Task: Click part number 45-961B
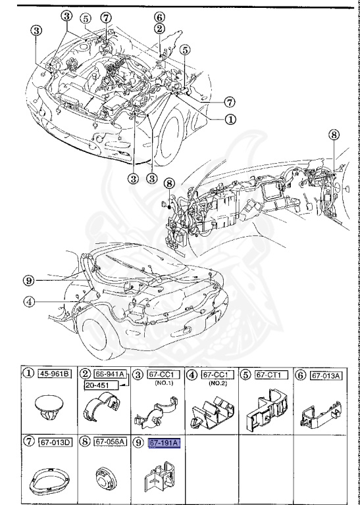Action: pos(56,374)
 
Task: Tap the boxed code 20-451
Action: pos(103,385)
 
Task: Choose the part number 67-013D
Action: pos(55,444)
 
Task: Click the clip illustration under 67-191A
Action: pos(157,477)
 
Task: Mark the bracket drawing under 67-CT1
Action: pos(266,409)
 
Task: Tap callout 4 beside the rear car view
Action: pos(28,302)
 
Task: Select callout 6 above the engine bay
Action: pos(160,17)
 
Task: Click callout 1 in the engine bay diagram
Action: pos(230,120)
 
